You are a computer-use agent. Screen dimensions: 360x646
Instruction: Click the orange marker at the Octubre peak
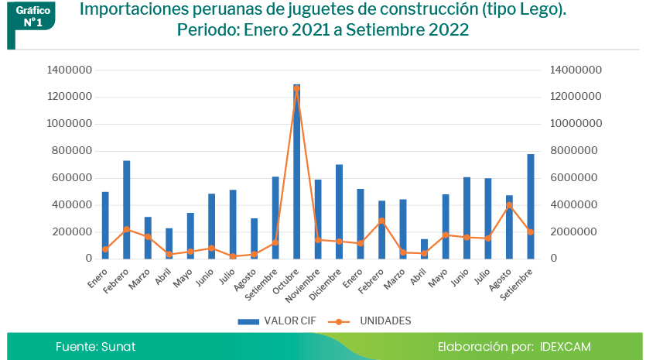point(296,88)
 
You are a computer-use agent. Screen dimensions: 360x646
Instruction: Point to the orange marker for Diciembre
point(339,242)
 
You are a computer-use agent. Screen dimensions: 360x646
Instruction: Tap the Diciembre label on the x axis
point(327,282)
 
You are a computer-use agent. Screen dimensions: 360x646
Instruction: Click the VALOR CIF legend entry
point(270,321)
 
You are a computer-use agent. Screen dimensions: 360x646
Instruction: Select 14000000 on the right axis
point(576,70)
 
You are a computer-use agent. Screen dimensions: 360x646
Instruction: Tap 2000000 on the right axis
point(573,232)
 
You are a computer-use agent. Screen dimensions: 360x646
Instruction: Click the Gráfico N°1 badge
point(33,17)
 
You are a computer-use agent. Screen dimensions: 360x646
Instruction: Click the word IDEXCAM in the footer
point(566,347)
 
